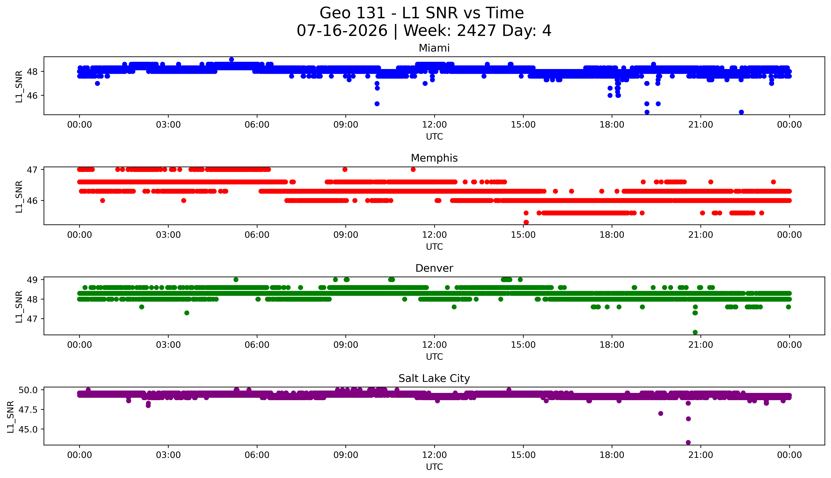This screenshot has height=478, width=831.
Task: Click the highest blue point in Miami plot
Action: click(x=232, y=59)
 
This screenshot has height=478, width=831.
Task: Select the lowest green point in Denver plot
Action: click(x=695, y=332)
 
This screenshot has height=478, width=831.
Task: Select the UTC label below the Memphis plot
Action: click(x=434, y=246)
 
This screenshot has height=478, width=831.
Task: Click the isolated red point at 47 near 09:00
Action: click(x=345, y=169)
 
